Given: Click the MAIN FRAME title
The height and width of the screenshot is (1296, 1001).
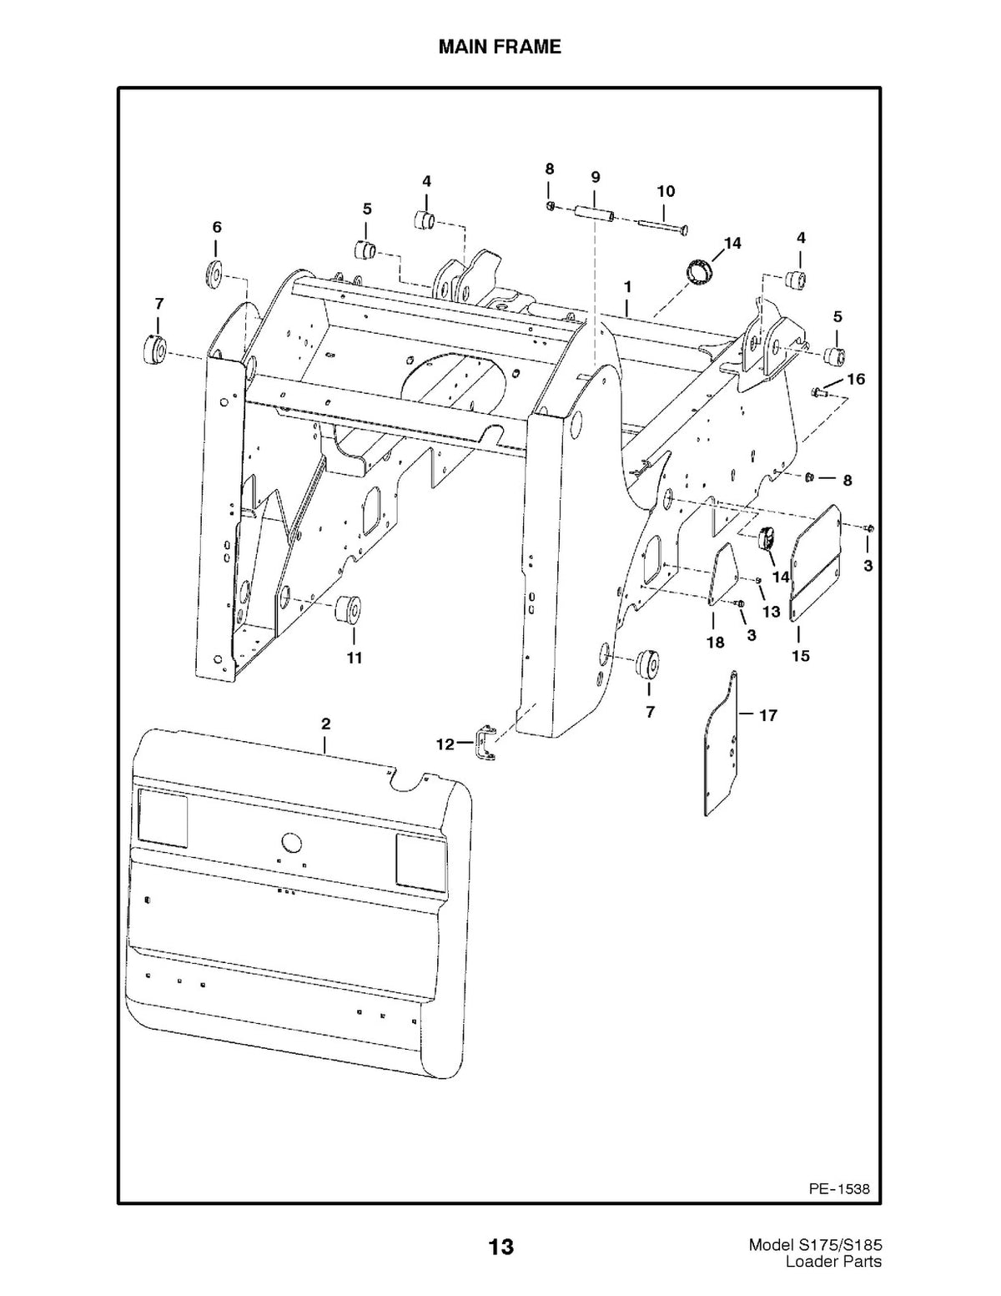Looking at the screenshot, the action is point(500,47).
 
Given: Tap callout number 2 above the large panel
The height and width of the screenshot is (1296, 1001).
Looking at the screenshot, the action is point(325,724).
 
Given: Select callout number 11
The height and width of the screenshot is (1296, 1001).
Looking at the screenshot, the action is point(355,658).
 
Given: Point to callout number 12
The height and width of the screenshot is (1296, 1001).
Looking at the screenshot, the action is point(445,744).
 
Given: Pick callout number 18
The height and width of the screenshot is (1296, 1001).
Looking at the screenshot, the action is point(716,643).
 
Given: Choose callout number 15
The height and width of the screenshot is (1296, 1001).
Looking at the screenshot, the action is point(801,655).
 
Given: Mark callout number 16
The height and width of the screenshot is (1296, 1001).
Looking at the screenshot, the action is point(856,380).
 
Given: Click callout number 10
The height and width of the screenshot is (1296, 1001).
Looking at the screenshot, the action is point(666,191).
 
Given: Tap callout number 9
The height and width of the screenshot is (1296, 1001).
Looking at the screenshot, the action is point(596,177).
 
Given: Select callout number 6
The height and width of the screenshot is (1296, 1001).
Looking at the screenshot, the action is point(217,227).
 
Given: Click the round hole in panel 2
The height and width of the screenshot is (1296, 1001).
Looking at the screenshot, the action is point(291,843).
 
